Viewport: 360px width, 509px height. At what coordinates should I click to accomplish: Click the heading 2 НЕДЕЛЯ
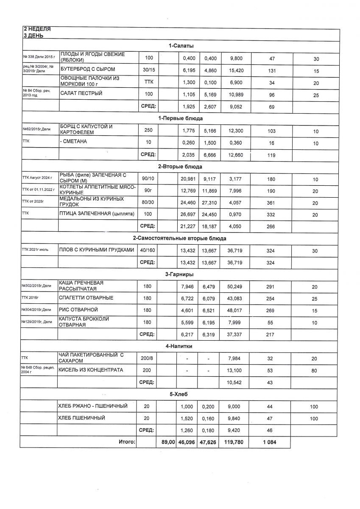[x=36, y=29]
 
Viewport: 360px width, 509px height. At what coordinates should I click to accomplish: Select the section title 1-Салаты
[x=181, y=46]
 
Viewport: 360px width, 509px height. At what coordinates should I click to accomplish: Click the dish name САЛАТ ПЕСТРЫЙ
[x=81, y=93]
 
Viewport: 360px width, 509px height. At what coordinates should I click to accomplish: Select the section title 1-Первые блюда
[x=180, y=118]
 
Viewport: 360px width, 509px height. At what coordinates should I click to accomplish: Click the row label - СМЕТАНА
[x=74, y=142]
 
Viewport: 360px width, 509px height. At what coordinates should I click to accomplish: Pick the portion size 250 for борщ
[x=148, y=130]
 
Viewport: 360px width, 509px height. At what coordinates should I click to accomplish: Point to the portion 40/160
[x=148, y=251]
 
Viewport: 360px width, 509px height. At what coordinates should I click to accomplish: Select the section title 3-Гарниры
[x=180, y=275]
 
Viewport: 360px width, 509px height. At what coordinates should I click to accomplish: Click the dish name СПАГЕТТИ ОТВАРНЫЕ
[x=86, y=298]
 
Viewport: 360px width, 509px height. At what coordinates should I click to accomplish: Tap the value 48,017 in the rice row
[x=236, y=310]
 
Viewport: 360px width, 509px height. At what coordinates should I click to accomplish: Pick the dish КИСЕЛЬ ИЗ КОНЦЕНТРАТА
[x=91, y=370]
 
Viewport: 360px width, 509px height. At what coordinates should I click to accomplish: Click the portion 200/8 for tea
[x=148, y=358]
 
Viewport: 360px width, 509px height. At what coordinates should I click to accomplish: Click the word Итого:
[x=127, y=442]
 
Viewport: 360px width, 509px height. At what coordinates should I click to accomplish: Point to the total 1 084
[x=271, y=442]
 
